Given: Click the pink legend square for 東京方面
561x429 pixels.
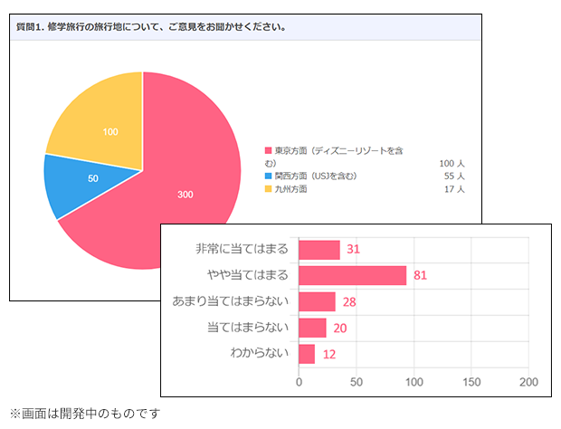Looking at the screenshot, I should click(x=269, y=150).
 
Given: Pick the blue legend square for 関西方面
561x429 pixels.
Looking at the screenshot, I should click(x=269, y=176).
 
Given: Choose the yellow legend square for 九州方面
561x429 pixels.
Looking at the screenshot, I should click(x=269, y=189).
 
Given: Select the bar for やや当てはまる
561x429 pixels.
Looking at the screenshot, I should click(x=352, y=275).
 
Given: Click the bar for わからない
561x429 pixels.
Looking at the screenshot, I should click(x=307, y=354).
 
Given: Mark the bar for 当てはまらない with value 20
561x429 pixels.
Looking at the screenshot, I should click(x=312, y=328).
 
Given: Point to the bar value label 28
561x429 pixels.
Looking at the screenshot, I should click(x=349, y=302).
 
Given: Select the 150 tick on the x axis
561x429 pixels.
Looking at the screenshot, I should click(x=471, y=381).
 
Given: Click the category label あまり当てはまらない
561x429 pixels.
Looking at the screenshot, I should click(x=230, y=301).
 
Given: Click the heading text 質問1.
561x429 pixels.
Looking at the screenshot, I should click(x=34, y=27).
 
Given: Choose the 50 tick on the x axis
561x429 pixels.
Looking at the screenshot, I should click(x=357, y=381).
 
